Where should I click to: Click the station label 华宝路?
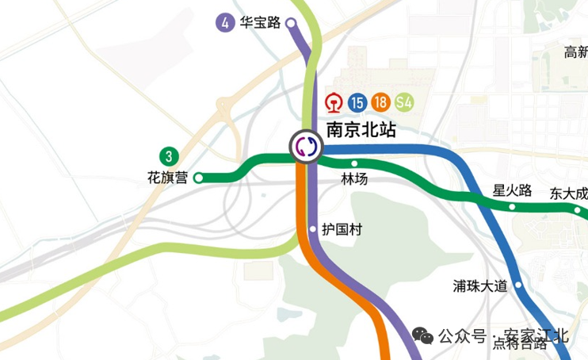click(261, 22)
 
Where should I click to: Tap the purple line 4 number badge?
click(226, 22)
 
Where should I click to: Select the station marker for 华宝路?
click(290, 23)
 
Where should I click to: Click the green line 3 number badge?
click(168, 155)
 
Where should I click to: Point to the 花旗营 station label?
click(168, 178)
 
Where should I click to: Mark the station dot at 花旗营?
click(198, 178)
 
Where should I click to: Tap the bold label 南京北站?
click(361, 130)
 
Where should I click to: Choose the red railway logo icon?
click(336, 102)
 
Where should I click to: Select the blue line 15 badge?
click(358, 102)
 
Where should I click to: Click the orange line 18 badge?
click(381, 102)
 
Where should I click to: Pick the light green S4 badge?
click(404, 102)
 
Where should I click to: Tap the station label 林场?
click(354, 179)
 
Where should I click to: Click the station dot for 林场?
click(354, 163)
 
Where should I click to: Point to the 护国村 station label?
click(342, 230)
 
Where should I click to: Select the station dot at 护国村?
click(313, 230)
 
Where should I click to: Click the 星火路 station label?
click(511, 190)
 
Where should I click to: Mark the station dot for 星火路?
click(512, 206)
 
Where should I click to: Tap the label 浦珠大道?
click(480, 285)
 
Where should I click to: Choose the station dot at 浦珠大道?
click(518, 285)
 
